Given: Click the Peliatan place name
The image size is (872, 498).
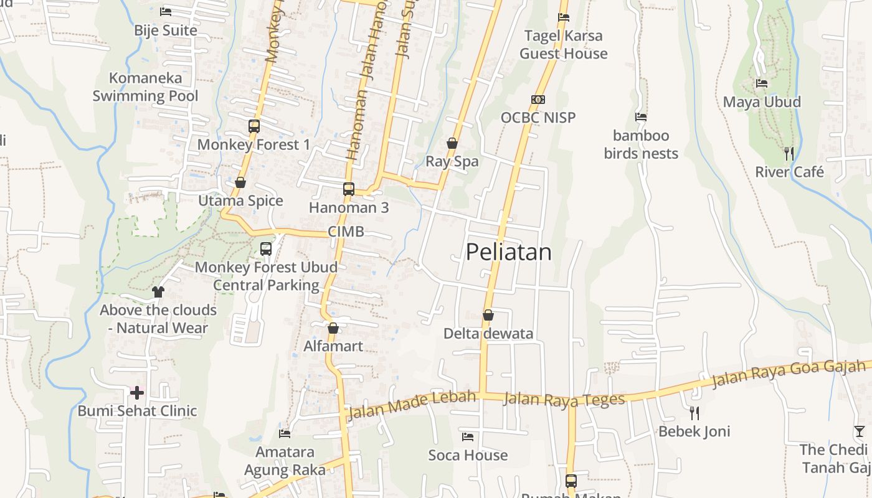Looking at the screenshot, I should [x=508, y=252].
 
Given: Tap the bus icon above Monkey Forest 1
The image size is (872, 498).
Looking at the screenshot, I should [x=254, y=126].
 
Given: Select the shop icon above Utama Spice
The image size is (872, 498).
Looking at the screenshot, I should [x=240, y=182].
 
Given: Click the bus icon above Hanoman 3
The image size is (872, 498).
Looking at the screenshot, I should [x=349, y=189].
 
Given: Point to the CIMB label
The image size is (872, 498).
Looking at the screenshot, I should [x=346, y=232].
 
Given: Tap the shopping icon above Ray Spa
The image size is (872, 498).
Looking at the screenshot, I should [x=452, y=143].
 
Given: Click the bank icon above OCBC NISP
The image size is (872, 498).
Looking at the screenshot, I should [x=538, y=100].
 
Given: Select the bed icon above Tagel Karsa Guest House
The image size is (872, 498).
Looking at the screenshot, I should [x=564, y=17].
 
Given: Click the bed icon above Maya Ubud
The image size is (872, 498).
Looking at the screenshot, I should [x=762, y=83].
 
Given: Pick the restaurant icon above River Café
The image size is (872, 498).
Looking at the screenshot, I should [x=789, y=153].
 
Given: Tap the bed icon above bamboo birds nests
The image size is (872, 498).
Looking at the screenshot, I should [x=641, y=117].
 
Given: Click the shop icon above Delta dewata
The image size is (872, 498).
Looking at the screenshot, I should [x=488, y=315].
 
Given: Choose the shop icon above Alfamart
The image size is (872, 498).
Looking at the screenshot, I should [x=333, y=327].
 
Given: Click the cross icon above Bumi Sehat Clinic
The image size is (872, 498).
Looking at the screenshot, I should [x=137, y=392].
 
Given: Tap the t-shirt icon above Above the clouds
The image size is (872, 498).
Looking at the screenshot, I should [x=158, y=291].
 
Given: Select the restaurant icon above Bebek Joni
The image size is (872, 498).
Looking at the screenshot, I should [x=694, y=413].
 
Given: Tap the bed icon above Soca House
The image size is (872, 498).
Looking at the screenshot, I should [x=468, y=436].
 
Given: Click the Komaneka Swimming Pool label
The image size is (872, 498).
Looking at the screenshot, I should [x=146, y=87].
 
